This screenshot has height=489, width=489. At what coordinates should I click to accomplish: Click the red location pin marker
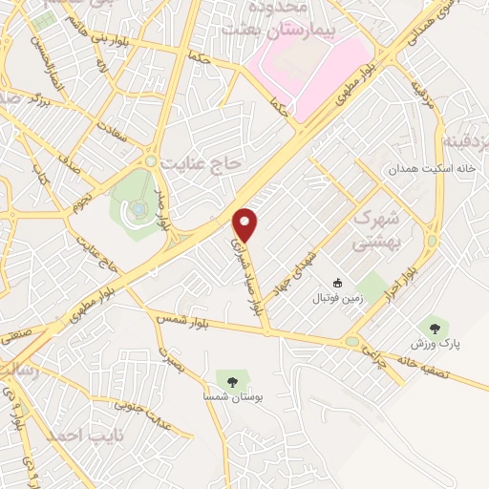pos(246,225)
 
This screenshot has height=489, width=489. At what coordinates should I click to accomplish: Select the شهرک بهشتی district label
pos(374,230)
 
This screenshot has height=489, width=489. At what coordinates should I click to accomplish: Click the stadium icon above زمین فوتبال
pos(336,283)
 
